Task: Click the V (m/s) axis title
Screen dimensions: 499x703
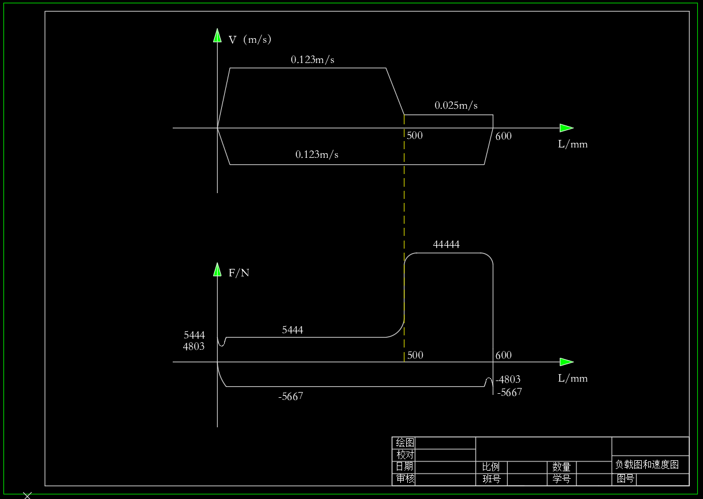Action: (250, 39)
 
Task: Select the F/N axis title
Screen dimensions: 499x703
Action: (239, 273)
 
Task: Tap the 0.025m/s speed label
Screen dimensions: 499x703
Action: (456, 105)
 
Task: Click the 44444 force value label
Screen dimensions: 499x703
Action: (446, 245)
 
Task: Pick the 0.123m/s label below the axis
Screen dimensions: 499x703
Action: (317, 154)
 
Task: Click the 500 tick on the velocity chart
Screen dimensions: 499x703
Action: (415, 135)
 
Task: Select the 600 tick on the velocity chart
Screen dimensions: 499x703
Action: (503, 136)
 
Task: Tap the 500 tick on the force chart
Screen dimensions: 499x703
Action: (415, 355)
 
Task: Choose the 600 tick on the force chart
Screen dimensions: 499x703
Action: (503, 355)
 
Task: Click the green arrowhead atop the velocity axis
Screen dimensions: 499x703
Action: (217, 35)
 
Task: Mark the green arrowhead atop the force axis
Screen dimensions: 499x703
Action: (217, 269)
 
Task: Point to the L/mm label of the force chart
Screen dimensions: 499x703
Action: (572, 378)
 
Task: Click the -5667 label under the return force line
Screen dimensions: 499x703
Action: (291, 397)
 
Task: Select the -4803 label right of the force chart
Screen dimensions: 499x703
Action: (508, 379)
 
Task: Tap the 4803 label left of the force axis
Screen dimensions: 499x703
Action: (194, 347)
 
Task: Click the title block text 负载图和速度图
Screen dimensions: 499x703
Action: (646, 464)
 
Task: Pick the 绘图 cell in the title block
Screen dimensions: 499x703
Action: (405, 443)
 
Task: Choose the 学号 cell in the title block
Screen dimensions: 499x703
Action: (561, 479)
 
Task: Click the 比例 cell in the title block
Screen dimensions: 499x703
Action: (490, 467)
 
